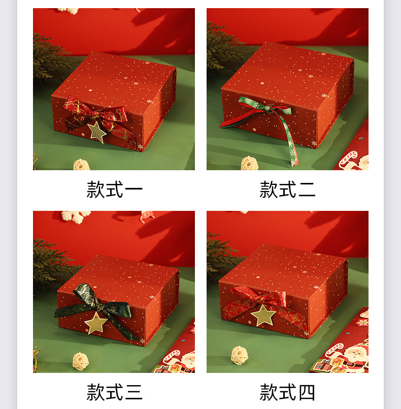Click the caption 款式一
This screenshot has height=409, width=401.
click(114, 190)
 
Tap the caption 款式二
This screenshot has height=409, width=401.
click(287, 190)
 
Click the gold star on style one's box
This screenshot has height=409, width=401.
click(96, 132)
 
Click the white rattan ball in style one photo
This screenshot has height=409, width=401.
click(81, 165)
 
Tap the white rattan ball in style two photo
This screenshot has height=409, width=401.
click(249, 163)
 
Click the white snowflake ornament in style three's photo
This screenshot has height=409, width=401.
click(76, 215)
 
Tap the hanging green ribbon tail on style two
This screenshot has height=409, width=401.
click(292, 142)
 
